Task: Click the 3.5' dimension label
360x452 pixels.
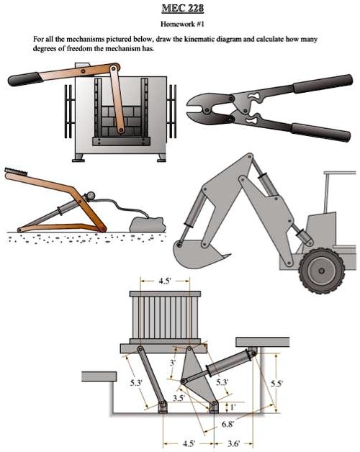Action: (179, 397)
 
